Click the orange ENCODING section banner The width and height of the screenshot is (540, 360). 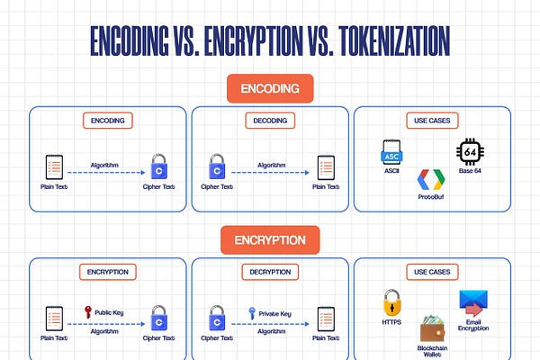270,89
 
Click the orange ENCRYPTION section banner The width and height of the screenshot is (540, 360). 270,240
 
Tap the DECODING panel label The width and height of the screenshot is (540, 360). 269,121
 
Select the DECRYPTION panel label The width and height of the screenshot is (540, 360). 269,272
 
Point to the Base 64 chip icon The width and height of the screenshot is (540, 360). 470,151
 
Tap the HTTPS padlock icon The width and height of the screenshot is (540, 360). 391,302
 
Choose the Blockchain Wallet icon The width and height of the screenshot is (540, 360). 436,328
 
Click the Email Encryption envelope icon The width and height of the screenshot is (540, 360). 473,303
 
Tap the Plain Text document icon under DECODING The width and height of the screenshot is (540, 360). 324,166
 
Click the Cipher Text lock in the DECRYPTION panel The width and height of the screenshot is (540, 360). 217,318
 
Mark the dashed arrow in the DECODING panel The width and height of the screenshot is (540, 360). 270,173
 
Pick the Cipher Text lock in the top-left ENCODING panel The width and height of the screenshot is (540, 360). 159,166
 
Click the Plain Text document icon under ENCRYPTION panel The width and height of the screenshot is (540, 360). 54,318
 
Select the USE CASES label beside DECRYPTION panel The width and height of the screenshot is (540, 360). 433,272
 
